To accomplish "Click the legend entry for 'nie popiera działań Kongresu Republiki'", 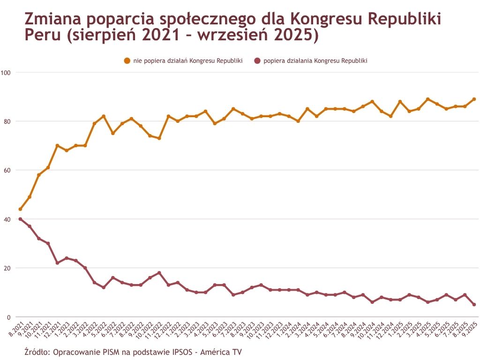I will (183, 61).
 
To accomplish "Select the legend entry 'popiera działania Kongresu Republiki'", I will (310, 61).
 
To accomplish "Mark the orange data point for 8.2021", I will (20, 209).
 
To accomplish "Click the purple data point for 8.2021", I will (20, 219).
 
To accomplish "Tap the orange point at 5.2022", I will (104, 116).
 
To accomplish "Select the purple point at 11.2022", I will (159, 273).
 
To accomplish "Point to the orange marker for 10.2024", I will (372, 102).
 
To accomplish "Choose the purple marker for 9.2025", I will (474, 305).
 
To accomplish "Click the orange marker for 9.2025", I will (474, 99).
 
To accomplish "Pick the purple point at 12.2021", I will (57, 263).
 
